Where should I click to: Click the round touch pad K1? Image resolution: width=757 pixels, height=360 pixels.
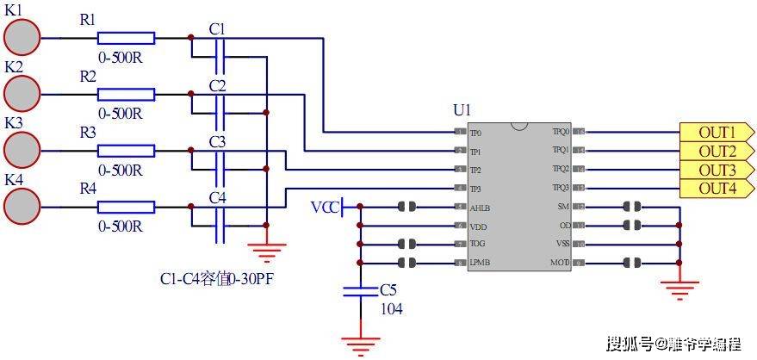tap(22, 39)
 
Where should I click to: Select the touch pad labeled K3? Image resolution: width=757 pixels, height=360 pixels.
tap(22, 149)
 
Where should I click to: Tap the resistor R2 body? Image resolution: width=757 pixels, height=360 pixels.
tap(126, 94)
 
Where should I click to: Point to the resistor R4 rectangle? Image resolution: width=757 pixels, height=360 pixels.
tap(126, 207)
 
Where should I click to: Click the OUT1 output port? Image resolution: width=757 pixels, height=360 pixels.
tap(717, 133)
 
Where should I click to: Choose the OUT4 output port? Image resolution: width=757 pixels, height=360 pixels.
tap(717, 188)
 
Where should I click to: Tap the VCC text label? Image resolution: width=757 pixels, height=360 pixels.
tap(325, 208)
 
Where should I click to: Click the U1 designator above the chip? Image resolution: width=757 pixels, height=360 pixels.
tap(462, 110)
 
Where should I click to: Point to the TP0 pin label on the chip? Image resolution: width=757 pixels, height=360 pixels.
tap(476, 133)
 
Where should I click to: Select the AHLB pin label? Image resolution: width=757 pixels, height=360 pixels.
tap(479, 208)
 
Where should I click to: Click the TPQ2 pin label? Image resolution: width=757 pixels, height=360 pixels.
tap(561, 170)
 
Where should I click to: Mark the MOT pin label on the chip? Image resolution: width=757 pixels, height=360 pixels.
tap(561, 263)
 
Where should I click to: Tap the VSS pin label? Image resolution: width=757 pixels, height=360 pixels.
tap(562, 245)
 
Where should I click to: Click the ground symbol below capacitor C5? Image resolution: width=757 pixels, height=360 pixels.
tap(360, 344)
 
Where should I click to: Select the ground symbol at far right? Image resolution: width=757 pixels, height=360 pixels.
tap(679, 289)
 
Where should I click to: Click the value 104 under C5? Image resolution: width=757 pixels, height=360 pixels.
tap(391, 309)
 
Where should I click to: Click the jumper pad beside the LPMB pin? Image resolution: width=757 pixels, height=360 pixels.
tap(408, 263)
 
